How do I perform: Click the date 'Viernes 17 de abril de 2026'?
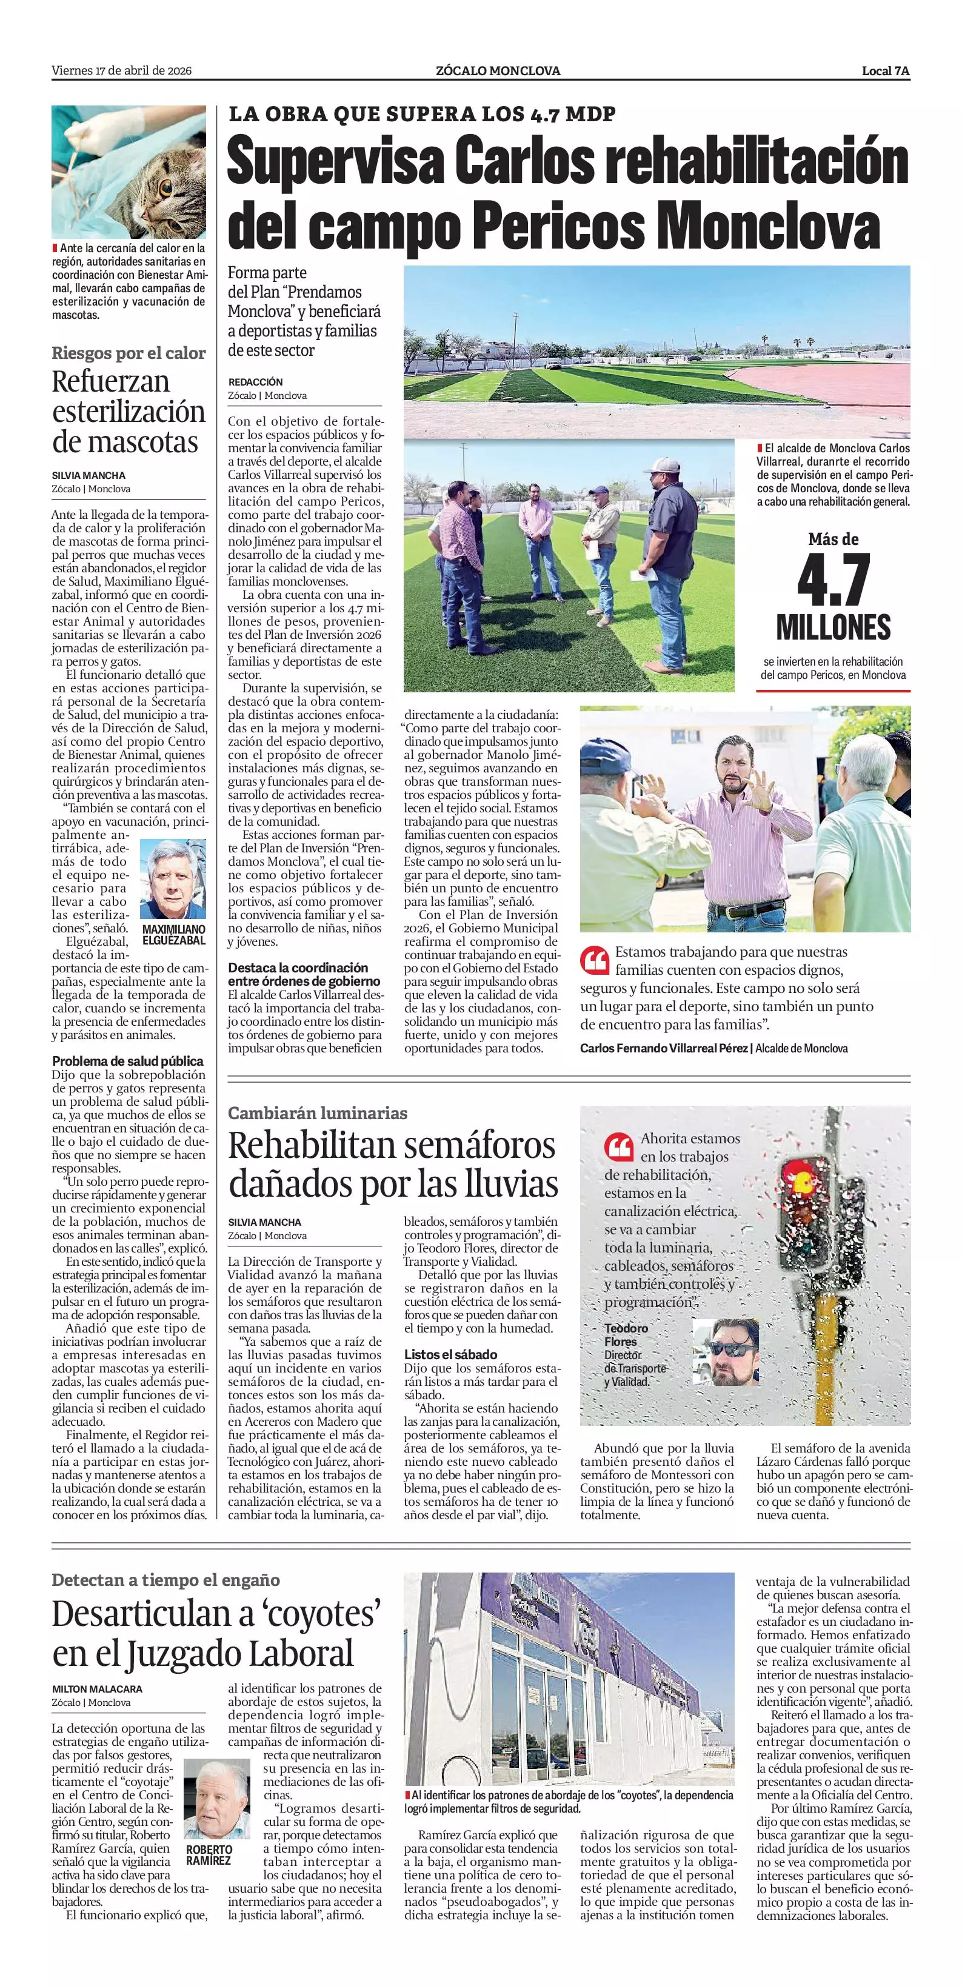[122, 71]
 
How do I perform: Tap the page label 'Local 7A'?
[885, 71]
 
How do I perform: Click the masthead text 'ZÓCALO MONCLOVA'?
[497, 71]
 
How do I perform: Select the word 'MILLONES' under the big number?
[833, 627]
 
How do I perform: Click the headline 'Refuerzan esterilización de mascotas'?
[128, 412]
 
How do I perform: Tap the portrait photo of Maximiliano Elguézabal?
[173, 879]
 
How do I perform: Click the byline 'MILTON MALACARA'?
[97, 1688]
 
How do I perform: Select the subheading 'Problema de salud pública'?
[127, 1061]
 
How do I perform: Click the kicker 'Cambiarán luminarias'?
[318, 1112]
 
